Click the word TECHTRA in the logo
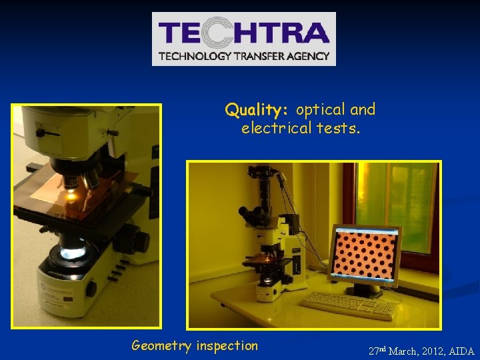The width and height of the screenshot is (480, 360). (243, 33)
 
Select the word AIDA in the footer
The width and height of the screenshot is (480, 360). (462, 351)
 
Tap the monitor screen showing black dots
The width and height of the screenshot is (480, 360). (365, 253)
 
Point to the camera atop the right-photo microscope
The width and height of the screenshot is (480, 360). (261, 177)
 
